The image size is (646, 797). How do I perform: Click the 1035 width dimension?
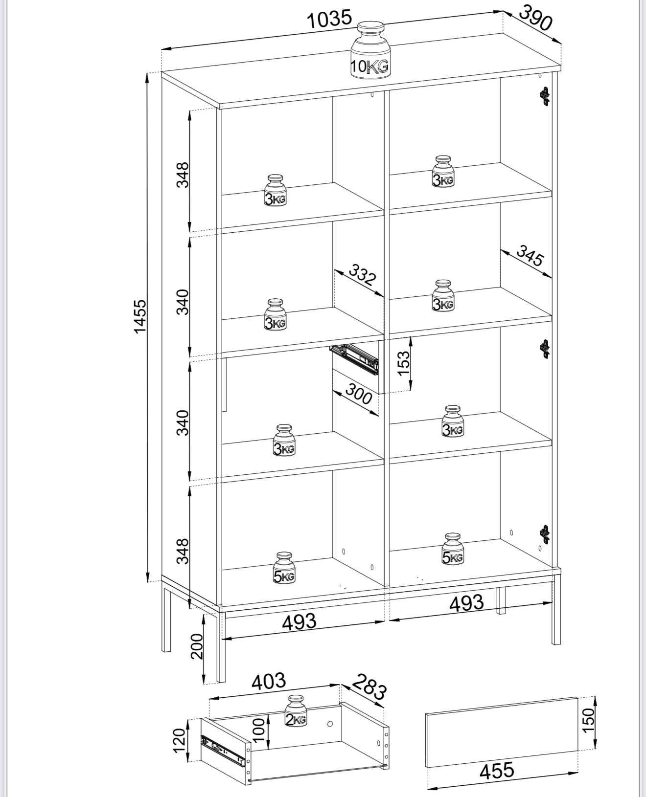329,19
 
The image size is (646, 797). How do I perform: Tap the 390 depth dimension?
536,18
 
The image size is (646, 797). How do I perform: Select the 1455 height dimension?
139,316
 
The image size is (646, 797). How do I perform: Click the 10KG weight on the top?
370,50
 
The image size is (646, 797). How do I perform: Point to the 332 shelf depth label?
363,275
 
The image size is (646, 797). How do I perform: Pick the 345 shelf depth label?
530,256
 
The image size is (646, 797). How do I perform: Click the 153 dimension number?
404,363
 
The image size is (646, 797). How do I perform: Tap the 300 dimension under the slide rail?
359,394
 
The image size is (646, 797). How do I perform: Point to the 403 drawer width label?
269,682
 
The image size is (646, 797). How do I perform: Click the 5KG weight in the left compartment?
284,567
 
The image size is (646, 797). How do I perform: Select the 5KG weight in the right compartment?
453,549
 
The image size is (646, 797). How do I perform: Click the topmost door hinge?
545,96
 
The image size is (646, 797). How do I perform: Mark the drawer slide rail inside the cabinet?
354,358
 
